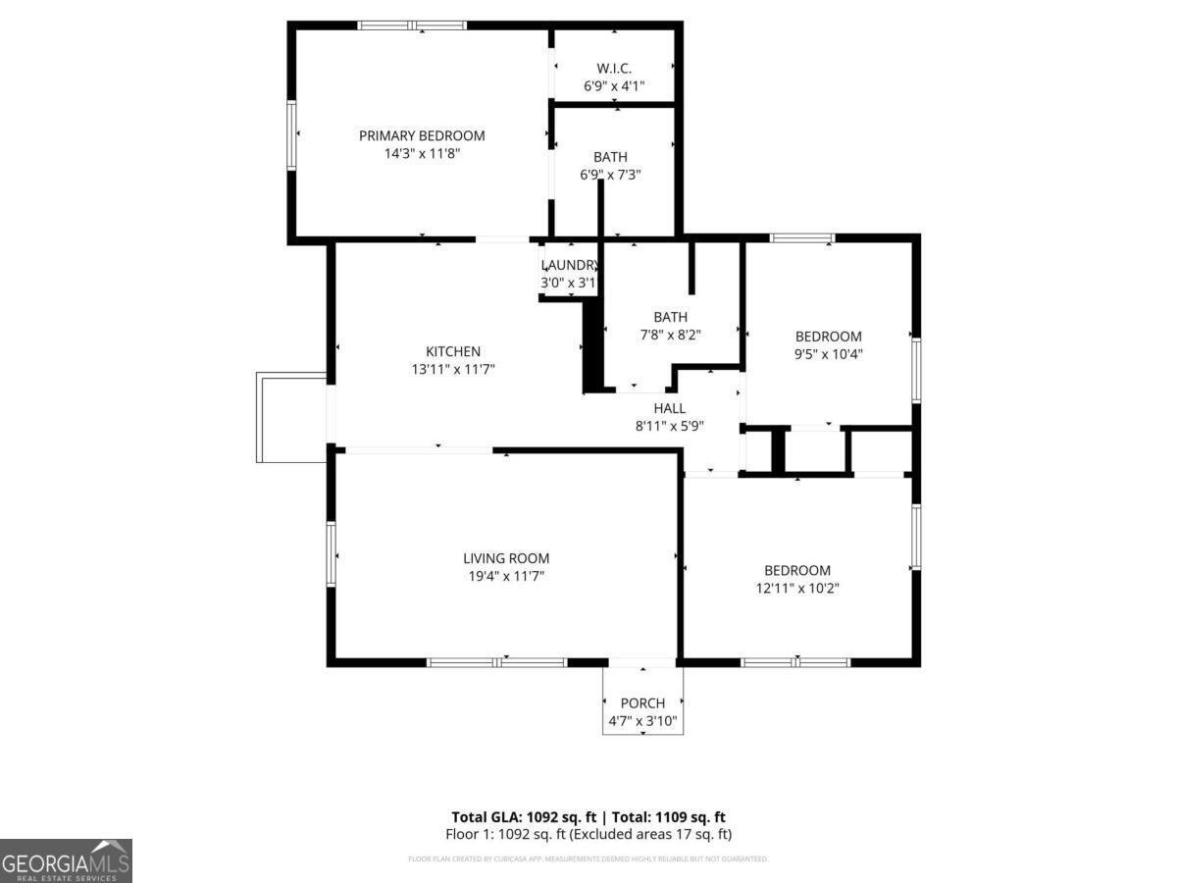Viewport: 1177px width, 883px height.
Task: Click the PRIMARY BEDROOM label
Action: (x=422, y=135)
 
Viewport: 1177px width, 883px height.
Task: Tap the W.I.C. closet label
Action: (x=614, y=68)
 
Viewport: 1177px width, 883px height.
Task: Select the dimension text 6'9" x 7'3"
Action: (x=611, y=175)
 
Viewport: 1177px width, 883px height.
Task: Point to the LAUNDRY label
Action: (x=570, y=265)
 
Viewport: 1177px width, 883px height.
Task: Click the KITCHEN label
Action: (x=453, y=351)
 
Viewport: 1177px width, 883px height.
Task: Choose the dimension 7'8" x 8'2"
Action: (x=671, y=335)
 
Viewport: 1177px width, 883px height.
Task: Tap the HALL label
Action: (x=670, y=408)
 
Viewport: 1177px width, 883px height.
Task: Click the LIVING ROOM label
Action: (x=506, y=558)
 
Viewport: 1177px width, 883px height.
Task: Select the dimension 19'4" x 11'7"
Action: (x=506, y=576)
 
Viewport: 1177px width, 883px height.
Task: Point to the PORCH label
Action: (x=642, y=702)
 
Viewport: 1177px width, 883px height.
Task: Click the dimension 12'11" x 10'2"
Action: (x=797, y=588)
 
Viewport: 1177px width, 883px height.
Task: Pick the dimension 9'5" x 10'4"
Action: (x=829, y=354)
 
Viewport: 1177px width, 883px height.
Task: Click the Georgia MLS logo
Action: (x=66, y=860)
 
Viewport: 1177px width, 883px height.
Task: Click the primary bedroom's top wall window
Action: (x=412, y=26)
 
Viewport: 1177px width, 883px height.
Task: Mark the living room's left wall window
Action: (x=332, y=554)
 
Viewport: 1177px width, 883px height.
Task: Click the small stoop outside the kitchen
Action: (x=291, y=417)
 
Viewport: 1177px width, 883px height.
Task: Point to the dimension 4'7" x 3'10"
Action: (x=642, y=721)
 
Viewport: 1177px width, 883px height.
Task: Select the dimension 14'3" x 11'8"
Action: (x=422, y=153)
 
